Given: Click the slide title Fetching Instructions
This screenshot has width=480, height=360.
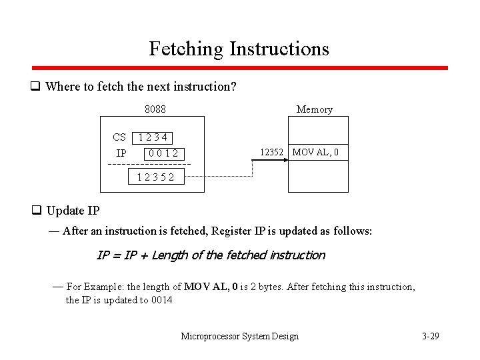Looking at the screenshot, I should point(239,49).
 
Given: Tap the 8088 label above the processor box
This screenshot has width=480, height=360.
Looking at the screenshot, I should point(155,109).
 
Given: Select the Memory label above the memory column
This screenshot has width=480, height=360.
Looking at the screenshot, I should point(314,109).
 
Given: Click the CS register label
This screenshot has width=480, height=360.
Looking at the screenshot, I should point(119,137).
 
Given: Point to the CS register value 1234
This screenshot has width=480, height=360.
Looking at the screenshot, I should point(152,138).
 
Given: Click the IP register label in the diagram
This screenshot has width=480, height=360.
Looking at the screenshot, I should point(121,153).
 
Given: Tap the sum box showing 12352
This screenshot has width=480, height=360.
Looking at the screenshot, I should point(156,177).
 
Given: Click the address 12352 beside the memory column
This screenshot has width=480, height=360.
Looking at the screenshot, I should point(271,153).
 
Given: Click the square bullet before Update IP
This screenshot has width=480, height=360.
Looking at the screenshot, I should point(37,211).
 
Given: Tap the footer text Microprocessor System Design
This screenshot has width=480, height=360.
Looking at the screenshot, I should point(240,336).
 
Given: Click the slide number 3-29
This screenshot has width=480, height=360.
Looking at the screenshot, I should point(431,336).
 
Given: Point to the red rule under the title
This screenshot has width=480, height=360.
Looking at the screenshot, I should point(240,68).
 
